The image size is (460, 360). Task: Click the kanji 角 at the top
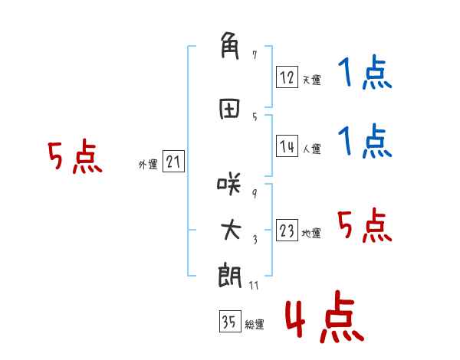(x=230, y=46)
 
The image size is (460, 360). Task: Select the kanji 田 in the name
(x=229, y=109)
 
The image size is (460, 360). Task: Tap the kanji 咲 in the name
(x=229, y=184)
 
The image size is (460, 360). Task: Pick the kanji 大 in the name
(x=231, y=230)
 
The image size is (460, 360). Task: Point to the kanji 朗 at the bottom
(x=230, y=277)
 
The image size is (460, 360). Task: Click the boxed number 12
(x=287, y=77)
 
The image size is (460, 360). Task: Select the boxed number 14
(x=287, y=146)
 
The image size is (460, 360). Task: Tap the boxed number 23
(x=287, y=230)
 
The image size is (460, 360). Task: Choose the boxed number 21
(x=173, y=162)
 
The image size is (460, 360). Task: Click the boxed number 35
(x=230, y=321)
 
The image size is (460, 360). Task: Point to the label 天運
(x=312, y=80)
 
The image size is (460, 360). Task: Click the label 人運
(x=312, y=149)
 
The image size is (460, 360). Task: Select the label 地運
(x=311, y=234)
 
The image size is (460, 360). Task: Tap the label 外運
(x=148, y=165)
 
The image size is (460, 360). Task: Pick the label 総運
(x=255, y=325)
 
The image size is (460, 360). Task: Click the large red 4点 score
(x=325, y=316)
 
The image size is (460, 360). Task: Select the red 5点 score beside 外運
(x=75, y=156)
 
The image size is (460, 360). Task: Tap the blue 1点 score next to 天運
(x=365, y=72)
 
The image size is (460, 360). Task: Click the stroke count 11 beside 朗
(x=254, y=285)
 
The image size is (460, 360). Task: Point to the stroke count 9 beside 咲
(x=255, y=193)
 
